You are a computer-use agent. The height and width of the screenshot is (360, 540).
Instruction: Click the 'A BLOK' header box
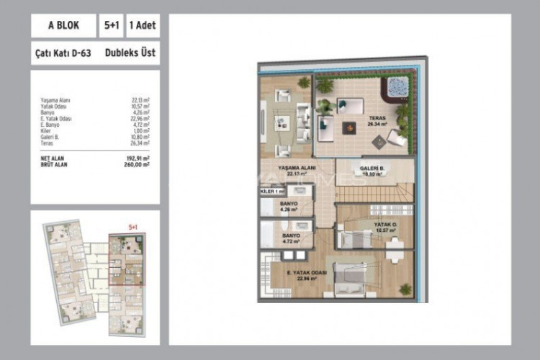[x=64, y=25]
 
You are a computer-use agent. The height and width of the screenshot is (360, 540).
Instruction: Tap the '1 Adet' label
[x=143, y=25]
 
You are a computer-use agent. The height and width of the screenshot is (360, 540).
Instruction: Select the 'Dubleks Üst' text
[x=130, y=53]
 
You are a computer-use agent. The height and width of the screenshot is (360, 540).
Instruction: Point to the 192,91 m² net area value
[x=137, y=158]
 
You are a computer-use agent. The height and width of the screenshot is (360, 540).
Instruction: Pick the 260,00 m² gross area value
[x=137, y=164]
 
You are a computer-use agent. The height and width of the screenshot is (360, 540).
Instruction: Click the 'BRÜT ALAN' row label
[x=57, y=164]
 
